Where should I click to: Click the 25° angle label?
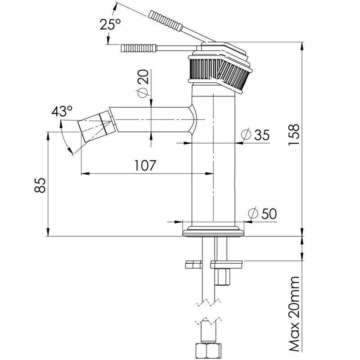pos(110,24)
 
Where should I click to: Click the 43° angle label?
pos(62,111)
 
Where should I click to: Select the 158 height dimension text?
pos(294,135)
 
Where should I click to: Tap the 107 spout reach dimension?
pos(145,165)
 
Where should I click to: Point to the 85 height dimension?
pos(40,185)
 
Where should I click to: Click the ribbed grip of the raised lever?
pos(165,21)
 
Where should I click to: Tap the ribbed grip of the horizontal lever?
pos(139,48)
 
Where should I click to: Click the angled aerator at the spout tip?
pos(97,126)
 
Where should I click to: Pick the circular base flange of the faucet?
pos(213,231)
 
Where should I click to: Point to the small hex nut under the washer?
pos(222,277)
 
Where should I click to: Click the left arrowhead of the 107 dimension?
pos(85,173)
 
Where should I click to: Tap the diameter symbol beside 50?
pos(253,213)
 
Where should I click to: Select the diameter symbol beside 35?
pos(246,135)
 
